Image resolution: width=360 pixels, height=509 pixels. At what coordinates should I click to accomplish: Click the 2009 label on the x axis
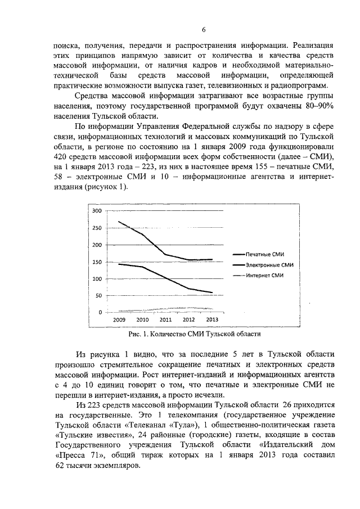tap(119, 319)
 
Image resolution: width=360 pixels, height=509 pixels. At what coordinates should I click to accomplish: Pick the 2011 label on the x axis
tap(165, 319)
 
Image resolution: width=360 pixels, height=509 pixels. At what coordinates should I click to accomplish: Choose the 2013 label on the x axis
tap(212, 319)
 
